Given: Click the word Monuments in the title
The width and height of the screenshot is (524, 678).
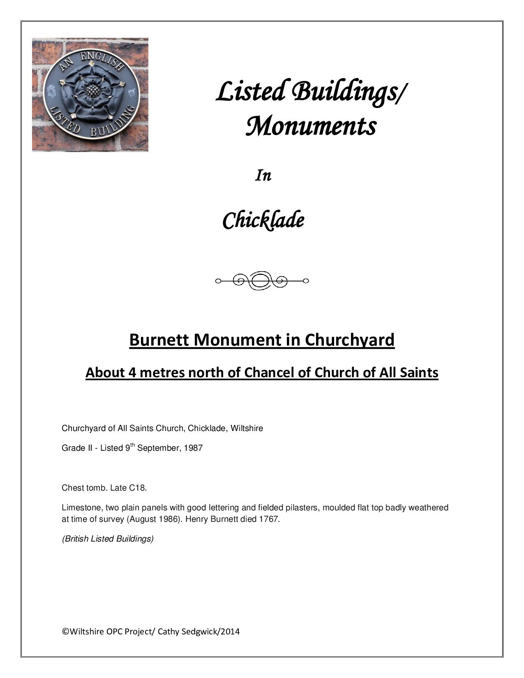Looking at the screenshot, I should (311, 126).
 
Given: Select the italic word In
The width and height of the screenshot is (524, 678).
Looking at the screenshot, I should (263, 176).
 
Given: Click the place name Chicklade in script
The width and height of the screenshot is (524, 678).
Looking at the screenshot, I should (263, 221).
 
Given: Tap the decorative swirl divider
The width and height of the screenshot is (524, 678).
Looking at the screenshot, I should (262, 281).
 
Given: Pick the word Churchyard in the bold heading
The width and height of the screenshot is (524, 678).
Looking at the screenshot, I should (349, 340).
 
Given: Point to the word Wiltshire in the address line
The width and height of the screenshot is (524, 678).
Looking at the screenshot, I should (247, 428).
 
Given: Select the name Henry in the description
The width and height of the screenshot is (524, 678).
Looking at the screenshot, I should (197, 519).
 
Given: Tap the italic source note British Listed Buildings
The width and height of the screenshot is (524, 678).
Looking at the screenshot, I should (108, 539).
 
